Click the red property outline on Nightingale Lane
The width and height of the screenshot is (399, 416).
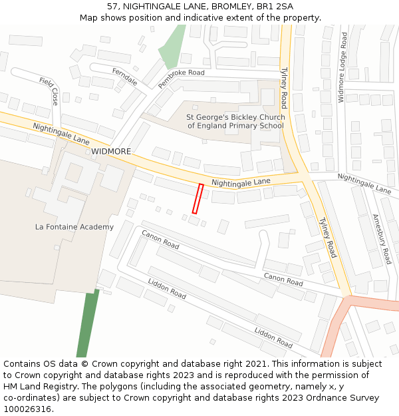click(x=197, y=198)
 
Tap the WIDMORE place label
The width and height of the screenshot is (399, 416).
click(x=111, y=152)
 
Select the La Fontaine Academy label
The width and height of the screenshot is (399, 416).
click(x=74, y=227)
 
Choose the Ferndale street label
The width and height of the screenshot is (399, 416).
click(x=125, y=77)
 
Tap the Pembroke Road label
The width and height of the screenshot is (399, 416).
click(x=181, y=78)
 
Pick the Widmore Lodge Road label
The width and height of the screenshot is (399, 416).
click(x=342, y=68)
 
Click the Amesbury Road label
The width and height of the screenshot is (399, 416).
click(x=382, y=238)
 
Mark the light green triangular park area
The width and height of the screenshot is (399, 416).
click(x=172, y=48)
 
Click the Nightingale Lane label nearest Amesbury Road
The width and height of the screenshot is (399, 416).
click(x=364, y=183)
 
